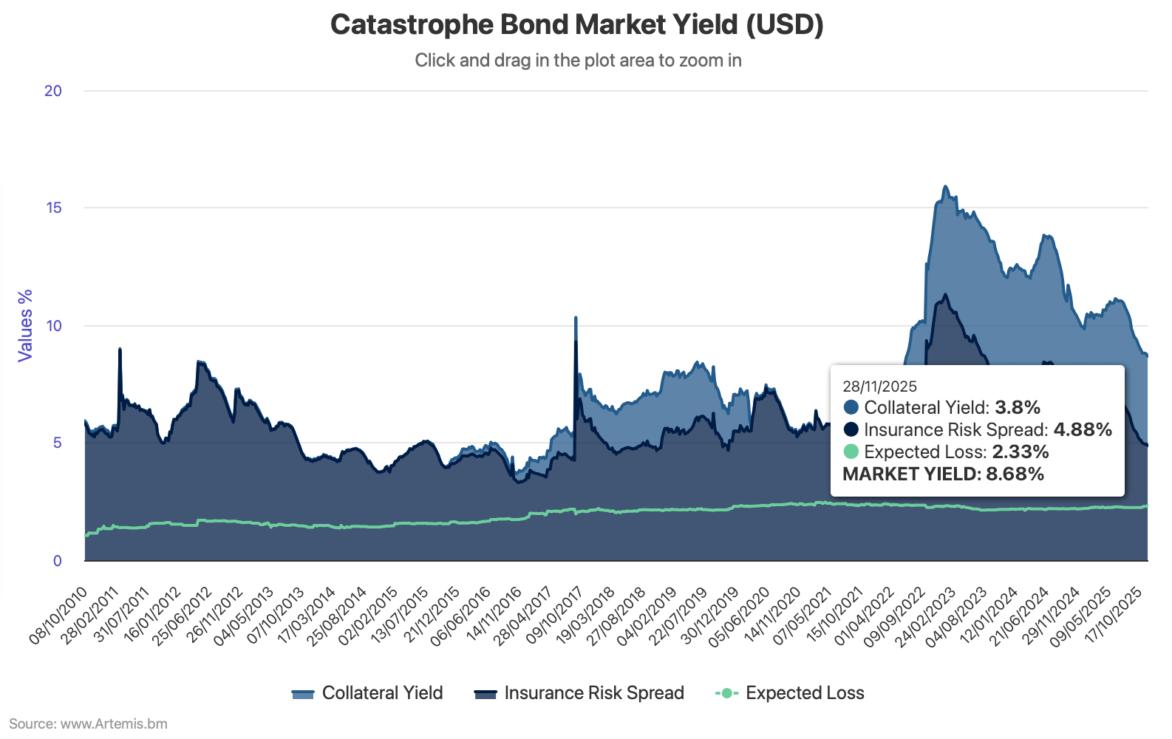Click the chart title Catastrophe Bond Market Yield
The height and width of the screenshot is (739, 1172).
click(576, 24)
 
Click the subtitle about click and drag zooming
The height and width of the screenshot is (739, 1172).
click(578, 60)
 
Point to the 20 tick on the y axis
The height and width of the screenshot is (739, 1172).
click(53, 91)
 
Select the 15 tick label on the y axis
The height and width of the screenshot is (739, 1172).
click(53, 208)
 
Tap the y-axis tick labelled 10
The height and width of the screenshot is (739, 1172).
click(53, 325)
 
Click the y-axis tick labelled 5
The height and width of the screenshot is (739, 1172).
click(57, 443)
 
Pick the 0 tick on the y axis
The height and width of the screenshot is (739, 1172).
click(57, 560)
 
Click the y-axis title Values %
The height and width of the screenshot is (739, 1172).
click(26, 325)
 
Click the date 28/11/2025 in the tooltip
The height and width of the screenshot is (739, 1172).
click(879, 386)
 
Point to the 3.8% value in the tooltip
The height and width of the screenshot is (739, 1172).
click(1018, 407)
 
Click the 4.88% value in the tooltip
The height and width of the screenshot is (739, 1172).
click(1083, 429)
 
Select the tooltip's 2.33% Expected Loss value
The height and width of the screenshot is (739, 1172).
click(1021, 452)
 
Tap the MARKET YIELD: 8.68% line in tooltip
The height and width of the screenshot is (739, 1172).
click(943, 474)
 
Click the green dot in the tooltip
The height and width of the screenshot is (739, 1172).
click(851, 452)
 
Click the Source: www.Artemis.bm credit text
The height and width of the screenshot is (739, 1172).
click(88, 723)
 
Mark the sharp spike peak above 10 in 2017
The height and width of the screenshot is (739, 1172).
click(576, 319)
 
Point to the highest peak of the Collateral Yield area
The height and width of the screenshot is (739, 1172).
click(945, 187)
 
